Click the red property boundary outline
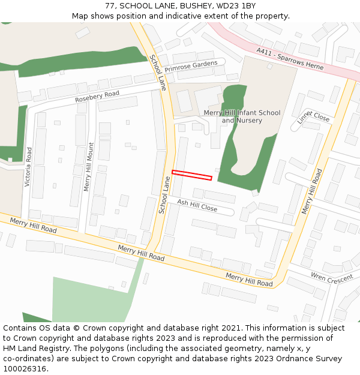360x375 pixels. [192, 175]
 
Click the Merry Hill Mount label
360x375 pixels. [89, 167]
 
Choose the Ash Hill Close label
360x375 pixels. [197, 205]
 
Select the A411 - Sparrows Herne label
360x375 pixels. [290, 59]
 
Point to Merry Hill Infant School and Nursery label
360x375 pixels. [242, 116]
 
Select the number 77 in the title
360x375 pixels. [110, 5]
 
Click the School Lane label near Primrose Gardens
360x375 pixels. [158, 72]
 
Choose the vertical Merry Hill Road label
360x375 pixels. [312, 191]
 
